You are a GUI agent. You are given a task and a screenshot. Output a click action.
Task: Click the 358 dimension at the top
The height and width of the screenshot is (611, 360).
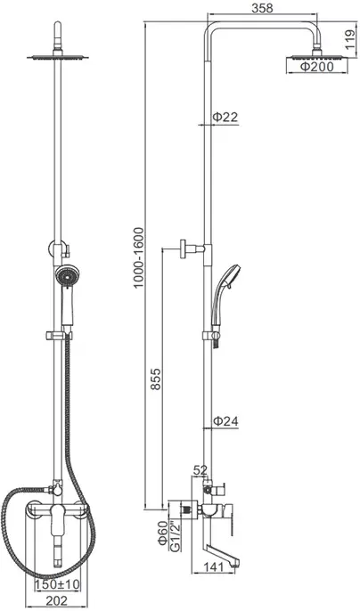click(262, 8)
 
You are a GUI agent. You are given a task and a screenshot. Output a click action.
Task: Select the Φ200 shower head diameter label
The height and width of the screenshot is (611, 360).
click(316, 67)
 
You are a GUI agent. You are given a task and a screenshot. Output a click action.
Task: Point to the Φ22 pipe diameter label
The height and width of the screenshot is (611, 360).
click(225, 117)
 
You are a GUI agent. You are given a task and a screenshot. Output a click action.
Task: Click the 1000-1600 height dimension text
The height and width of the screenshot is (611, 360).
click(139, 257)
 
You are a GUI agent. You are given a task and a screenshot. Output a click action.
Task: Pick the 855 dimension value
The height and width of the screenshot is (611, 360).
click(156, 379)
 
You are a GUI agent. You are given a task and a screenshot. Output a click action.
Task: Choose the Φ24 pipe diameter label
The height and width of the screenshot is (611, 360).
click(225, 420)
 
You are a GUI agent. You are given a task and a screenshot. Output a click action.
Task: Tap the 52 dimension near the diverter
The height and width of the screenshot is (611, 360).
click(200, 470)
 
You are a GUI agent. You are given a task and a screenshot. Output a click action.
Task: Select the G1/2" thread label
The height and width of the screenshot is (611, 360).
click(176, 535)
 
